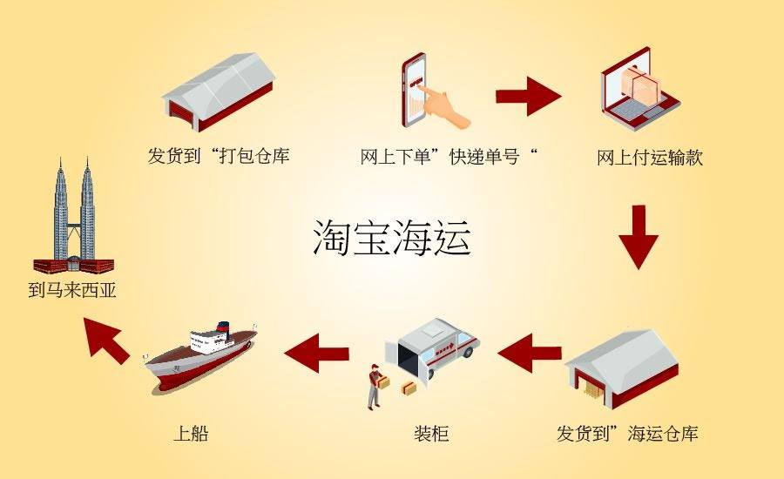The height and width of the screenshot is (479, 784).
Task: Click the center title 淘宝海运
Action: pyautogui.click(x=392, y=239)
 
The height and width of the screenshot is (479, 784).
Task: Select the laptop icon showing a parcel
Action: pyautogui.click(x=640, y=89)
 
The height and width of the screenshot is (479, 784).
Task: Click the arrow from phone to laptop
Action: pyautogui.click(x=529, y=96)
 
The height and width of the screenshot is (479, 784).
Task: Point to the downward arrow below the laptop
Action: pyautogui.click(x=639, y=237)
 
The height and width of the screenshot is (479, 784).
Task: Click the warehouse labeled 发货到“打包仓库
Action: pyautogui.click(x=219, y=92)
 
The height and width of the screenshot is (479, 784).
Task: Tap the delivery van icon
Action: pyautogui.click(x=431, y=349)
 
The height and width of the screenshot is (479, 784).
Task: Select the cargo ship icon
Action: pyautogui.click(x=201, y=355)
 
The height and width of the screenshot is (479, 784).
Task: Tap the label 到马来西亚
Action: pyautogui.click(x=72, y=291)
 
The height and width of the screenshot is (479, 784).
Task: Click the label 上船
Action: pyautogui.click(x=191, y=433)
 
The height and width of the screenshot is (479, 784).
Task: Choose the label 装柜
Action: pyautogui.click(x=431, y=433)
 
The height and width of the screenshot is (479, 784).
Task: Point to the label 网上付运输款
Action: pyautogui.click(x=650, y=158)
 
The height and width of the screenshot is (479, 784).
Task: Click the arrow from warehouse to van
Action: pyautogui.click(x=530, y=353)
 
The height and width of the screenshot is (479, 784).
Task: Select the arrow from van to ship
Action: pyautogui.click(x=316, y=353)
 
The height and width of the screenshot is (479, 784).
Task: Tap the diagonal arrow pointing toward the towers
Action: pyautogui.click(x=106, y=340)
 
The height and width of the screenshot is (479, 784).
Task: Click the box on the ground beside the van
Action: pyautogui.click(x=409, y=388)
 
